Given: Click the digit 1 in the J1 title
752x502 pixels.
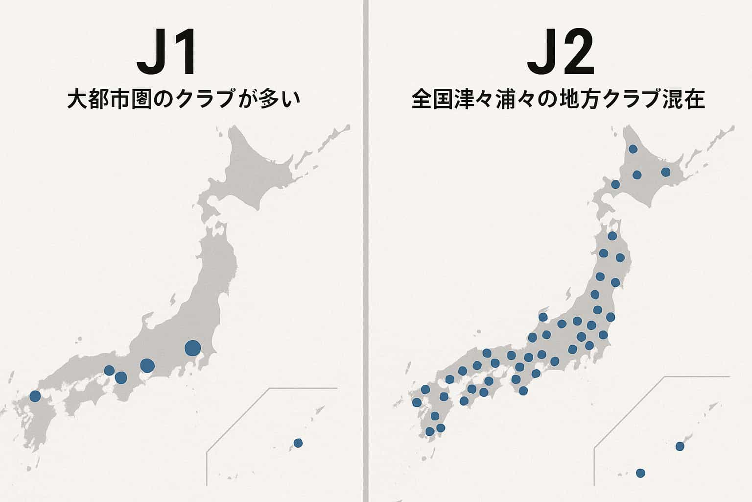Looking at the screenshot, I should tap(185, 52).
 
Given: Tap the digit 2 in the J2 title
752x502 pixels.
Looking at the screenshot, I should tap(577, 52).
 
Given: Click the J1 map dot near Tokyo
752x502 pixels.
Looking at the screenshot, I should tap(192, 348).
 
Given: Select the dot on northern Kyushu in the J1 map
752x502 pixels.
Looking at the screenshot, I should tap(35, 396).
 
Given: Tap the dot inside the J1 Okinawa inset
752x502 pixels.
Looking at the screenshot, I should tap(298, 443).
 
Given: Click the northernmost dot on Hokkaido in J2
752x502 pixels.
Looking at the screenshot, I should tap(633, 149).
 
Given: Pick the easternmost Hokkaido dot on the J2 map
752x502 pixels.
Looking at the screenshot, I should tap(665, 172).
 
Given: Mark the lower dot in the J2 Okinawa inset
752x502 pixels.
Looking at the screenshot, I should tap(640, 473).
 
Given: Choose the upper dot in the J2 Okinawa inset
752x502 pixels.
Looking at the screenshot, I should tap(680, 446).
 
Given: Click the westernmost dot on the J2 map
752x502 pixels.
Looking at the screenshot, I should tap(417, 402).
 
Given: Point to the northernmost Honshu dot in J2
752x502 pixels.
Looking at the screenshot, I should tap(612, 236).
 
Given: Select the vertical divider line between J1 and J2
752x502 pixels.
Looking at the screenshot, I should tap(365, 251).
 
